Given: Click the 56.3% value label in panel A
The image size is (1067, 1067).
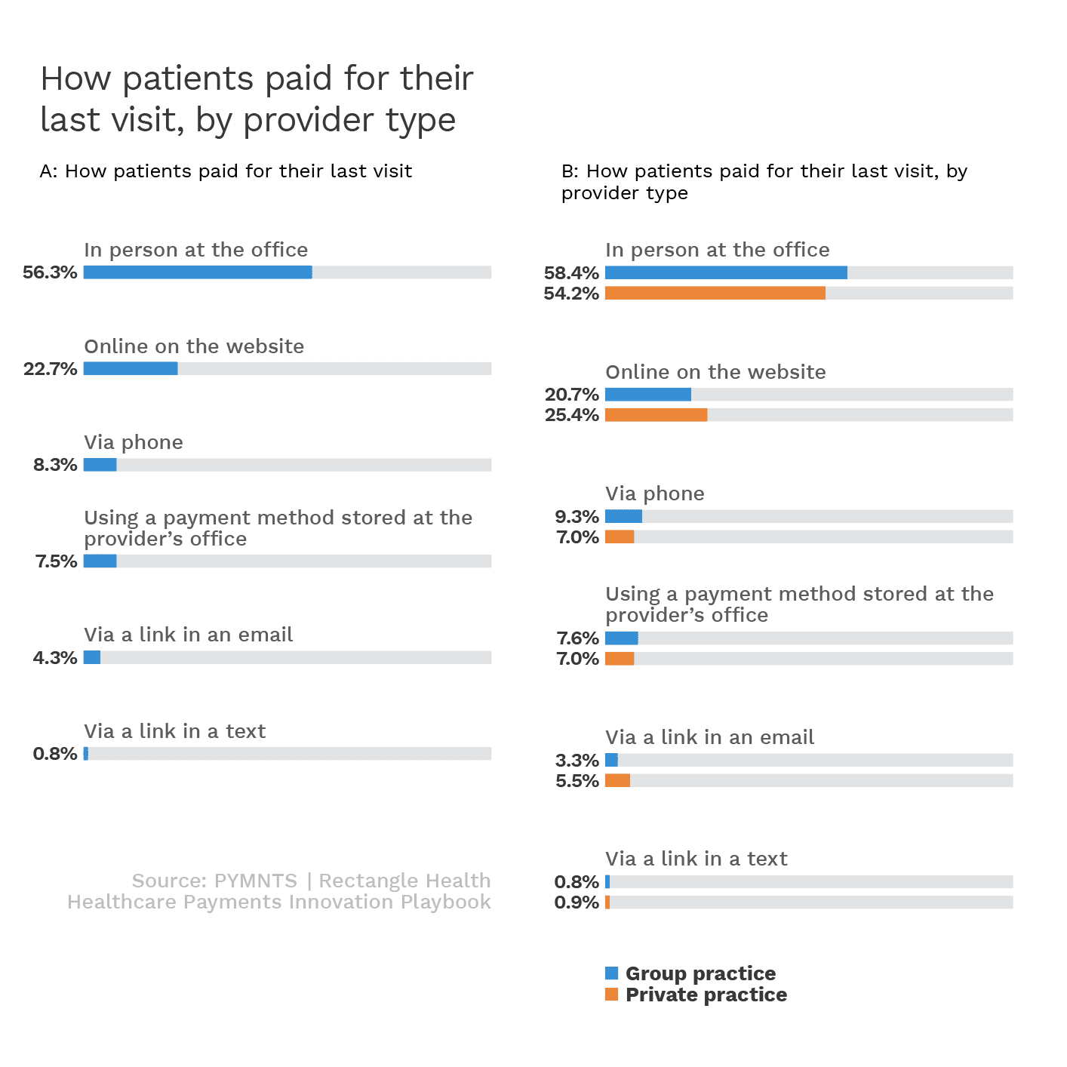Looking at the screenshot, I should [x=50, y=272].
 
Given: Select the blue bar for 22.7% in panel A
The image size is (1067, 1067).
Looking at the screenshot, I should [x=131, y=368].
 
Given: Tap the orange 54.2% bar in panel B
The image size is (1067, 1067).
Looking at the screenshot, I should [x=715, y=293].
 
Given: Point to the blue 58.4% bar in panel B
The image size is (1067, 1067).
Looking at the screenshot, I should [x=726, y=272].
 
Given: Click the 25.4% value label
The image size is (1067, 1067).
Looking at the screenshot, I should [x=571, y=415].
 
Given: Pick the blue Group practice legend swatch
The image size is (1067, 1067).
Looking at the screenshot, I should [x=611, y=973].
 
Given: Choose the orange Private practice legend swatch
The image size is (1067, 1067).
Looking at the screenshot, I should [x=611, y=995].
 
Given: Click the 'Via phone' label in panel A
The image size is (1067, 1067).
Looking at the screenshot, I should [x=134, y=442].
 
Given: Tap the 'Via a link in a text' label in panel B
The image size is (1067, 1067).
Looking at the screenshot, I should [x=696, y=859].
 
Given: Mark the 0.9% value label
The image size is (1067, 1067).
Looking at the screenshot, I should [x=577, y=902].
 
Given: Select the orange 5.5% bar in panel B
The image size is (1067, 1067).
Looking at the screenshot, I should [x=617, y=780].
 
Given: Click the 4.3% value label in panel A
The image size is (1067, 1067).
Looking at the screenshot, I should [x=55, y=658].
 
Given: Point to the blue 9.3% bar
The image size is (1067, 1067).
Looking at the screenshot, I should [x=623, y=516].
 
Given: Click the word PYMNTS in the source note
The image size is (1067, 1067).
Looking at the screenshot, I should [x=256, y=881].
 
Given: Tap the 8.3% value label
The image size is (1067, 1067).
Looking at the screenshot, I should [x=55, y=465].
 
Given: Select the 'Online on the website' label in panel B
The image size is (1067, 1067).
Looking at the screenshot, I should [x=715, y=372].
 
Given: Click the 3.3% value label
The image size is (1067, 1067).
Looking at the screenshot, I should [x=577, y=761].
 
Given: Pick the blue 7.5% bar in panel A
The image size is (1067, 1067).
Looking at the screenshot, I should [x=100, y=561].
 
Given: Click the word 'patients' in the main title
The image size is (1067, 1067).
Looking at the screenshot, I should [x=188, y=78].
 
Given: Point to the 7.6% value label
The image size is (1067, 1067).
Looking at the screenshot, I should [x=577, y=638].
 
